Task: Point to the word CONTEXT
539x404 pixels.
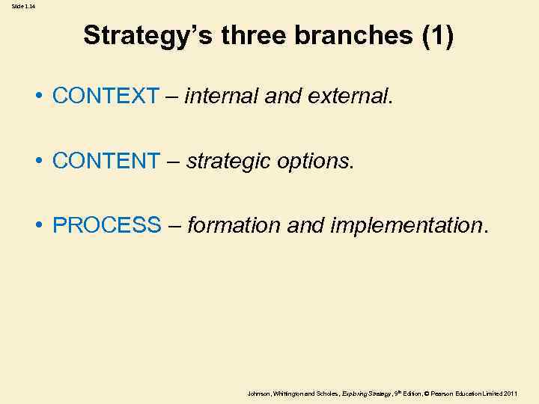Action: tap(106, 96)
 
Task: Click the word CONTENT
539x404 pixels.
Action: tap(106, 160)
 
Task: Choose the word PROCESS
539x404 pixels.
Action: tap(106, 224)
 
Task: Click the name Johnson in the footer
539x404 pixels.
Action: tap(258, 393)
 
